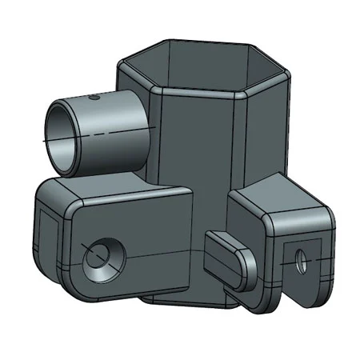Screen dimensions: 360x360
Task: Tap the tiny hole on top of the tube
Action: [x=94, y=97]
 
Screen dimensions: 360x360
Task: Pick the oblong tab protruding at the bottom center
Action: [x=228, y=258]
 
